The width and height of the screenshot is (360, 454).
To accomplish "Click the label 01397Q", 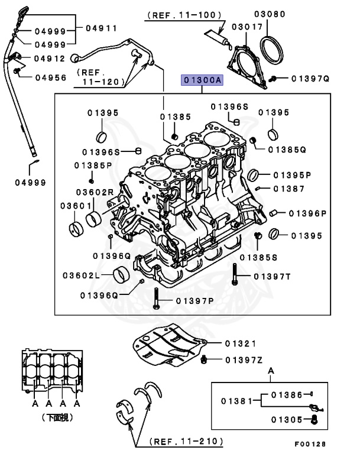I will tap(306, 78).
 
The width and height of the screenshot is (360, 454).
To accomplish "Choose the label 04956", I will tap(50, 77).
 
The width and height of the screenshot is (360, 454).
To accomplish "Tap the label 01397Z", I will tap(242, 359).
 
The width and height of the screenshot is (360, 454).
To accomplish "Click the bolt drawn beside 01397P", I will tap(155, 299).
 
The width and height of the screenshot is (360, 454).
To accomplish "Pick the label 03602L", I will tap(79, 275).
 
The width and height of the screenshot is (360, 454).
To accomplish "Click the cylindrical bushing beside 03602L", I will tap(122, 275).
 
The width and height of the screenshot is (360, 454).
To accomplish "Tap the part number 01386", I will tap(287, 394).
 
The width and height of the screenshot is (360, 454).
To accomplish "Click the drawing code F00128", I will tap(310, 443).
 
